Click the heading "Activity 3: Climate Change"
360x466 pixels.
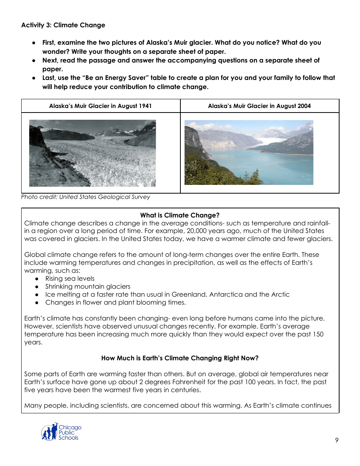click(63, 25)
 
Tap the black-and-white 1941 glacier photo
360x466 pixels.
click(92, 153)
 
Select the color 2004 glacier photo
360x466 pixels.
click(249, 152)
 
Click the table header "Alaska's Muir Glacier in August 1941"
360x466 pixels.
click(100, 106)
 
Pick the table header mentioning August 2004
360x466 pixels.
click(259, 106)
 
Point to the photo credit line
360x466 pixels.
click(85, 197)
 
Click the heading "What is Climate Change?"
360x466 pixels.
click(180, 215)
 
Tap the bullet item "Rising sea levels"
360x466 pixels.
click(70, 278)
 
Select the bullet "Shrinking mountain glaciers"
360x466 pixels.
click(88, 286)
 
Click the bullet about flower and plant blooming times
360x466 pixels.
click(116, 302)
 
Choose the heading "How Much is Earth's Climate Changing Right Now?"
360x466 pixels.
click(180, 358)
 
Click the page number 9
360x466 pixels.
click(337, 440)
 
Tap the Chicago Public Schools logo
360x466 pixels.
click(61, 432)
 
